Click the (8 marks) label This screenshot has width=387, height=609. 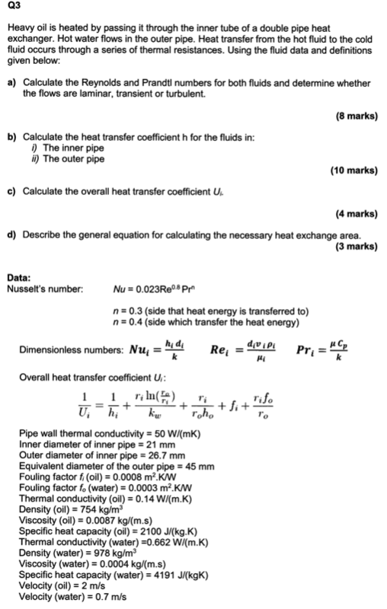pyautogui.click(x=357, y=116)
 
